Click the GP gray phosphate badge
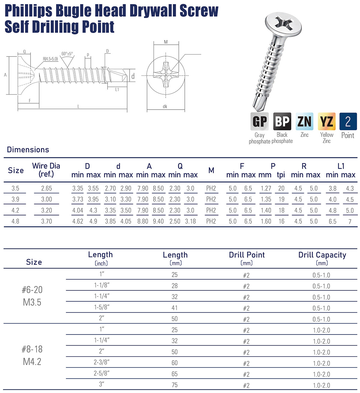tap(259, 121)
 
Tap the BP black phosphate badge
tap(282, 121)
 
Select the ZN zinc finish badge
tap(304, 121)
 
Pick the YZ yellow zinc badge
tap(326, 121)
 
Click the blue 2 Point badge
tap(348, 121)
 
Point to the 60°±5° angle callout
tap(67, 54)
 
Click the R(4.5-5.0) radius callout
tap(50, 59)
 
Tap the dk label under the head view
tap(165, 106)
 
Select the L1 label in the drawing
tap(117, 89)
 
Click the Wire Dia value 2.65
tap(46, 189)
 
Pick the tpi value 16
tap(281, 221)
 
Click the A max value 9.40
tap(158, 221)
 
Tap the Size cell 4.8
tap(15, 221)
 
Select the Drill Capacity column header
tap(322, 255)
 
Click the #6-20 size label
tap(32, 290)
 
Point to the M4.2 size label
tap(32, 362)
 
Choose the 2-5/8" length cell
tap(101, 373)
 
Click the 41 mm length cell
tap(175, 308)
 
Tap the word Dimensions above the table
tap(28, 150)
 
